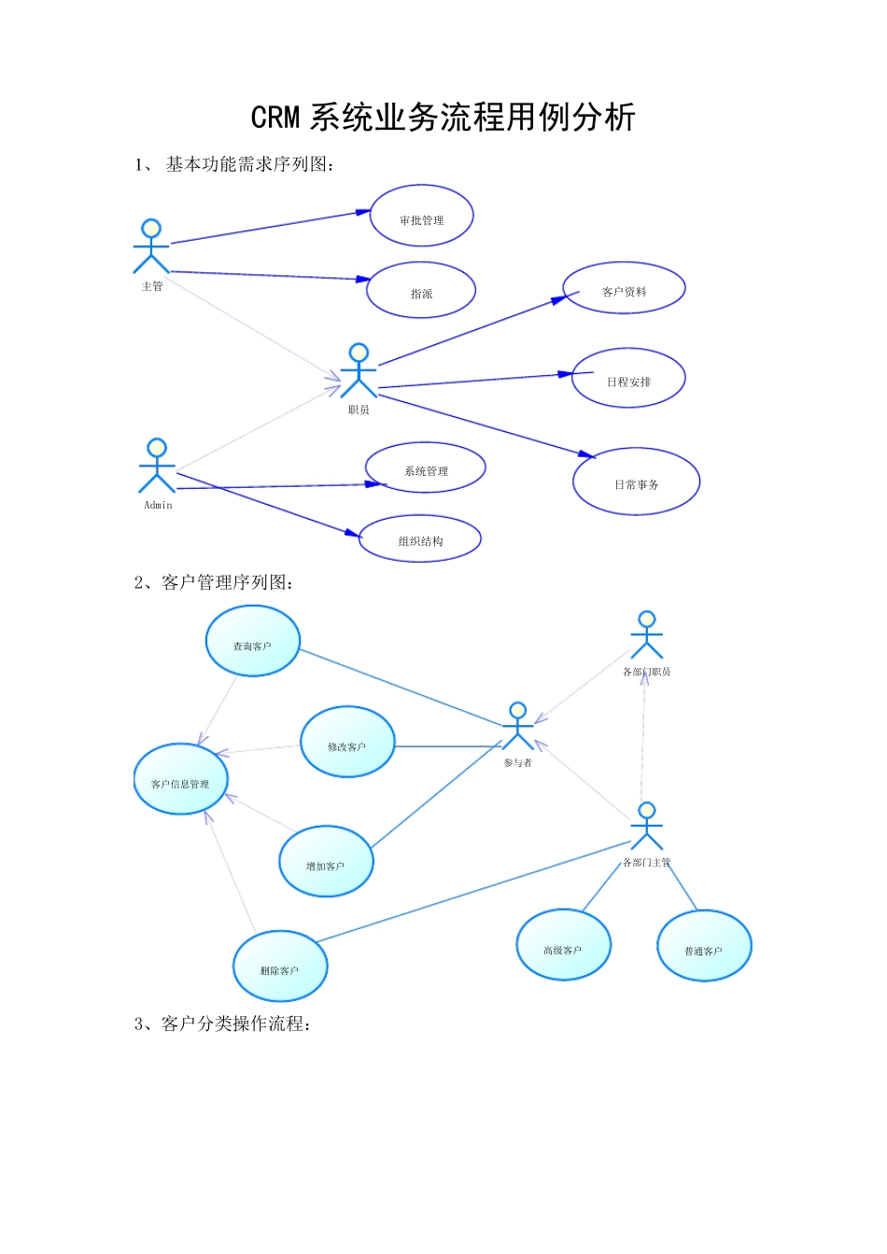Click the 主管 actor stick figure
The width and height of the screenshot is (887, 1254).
(151, 246)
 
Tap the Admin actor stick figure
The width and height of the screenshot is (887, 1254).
(157, 466)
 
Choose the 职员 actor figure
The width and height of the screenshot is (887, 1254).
(359, 370)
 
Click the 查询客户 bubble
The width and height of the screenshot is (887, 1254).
(253, 641)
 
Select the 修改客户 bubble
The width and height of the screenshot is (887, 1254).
(347, 742)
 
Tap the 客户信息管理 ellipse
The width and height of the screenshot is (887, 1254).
(180, 779)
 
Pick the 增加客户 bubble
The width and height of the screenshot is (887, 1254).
(326, 861)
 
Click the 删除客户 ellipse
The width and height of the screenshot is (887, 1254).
(280, 967)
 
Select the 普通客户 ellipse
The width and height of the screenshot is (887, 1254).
(704, 945)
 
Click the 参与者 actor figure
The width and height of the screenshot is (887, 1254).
(518, 726)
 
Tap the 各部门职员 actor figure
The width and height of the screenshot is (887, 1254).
(647, 634)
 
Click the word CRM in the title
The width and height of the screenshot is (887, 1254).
(275, 118)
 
